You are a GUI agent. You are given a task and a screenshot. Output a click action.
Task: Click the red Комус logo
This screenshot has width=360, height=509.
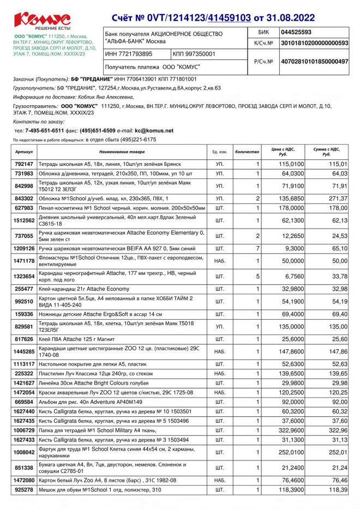[43, 19]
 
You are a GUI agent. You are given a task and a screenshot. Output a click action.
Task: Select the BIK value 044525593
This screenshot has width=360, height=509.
[296, 32]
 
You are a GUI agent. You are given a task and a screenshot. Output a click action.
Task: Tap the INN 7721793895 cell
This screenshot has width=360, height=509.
[129, 54]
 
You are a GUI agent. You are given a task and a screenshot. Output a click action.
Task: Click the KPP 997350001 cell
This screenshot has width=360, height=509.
[194, 54]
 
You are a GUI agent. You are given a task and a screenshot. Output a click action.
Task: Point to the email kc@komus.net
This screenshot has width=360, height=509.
[154, 131]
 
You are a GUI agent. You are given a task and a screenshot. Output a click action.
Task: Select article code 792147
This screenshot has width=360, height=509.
[24, 164]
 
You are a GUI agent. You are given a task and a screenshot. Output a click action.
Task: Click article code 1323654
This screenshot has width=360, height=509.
[24, 276]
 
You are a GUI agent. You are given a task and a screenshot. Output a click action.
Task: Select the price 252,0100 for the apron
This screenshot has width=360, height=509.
[292, 452]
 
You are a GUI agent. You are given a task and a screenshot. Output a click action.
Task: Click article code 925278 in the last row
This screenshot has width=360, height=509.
[24, 490]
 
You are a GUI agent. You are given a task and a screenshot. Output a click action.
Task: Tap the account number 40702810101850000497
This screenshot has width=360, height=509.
[314, 62]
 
